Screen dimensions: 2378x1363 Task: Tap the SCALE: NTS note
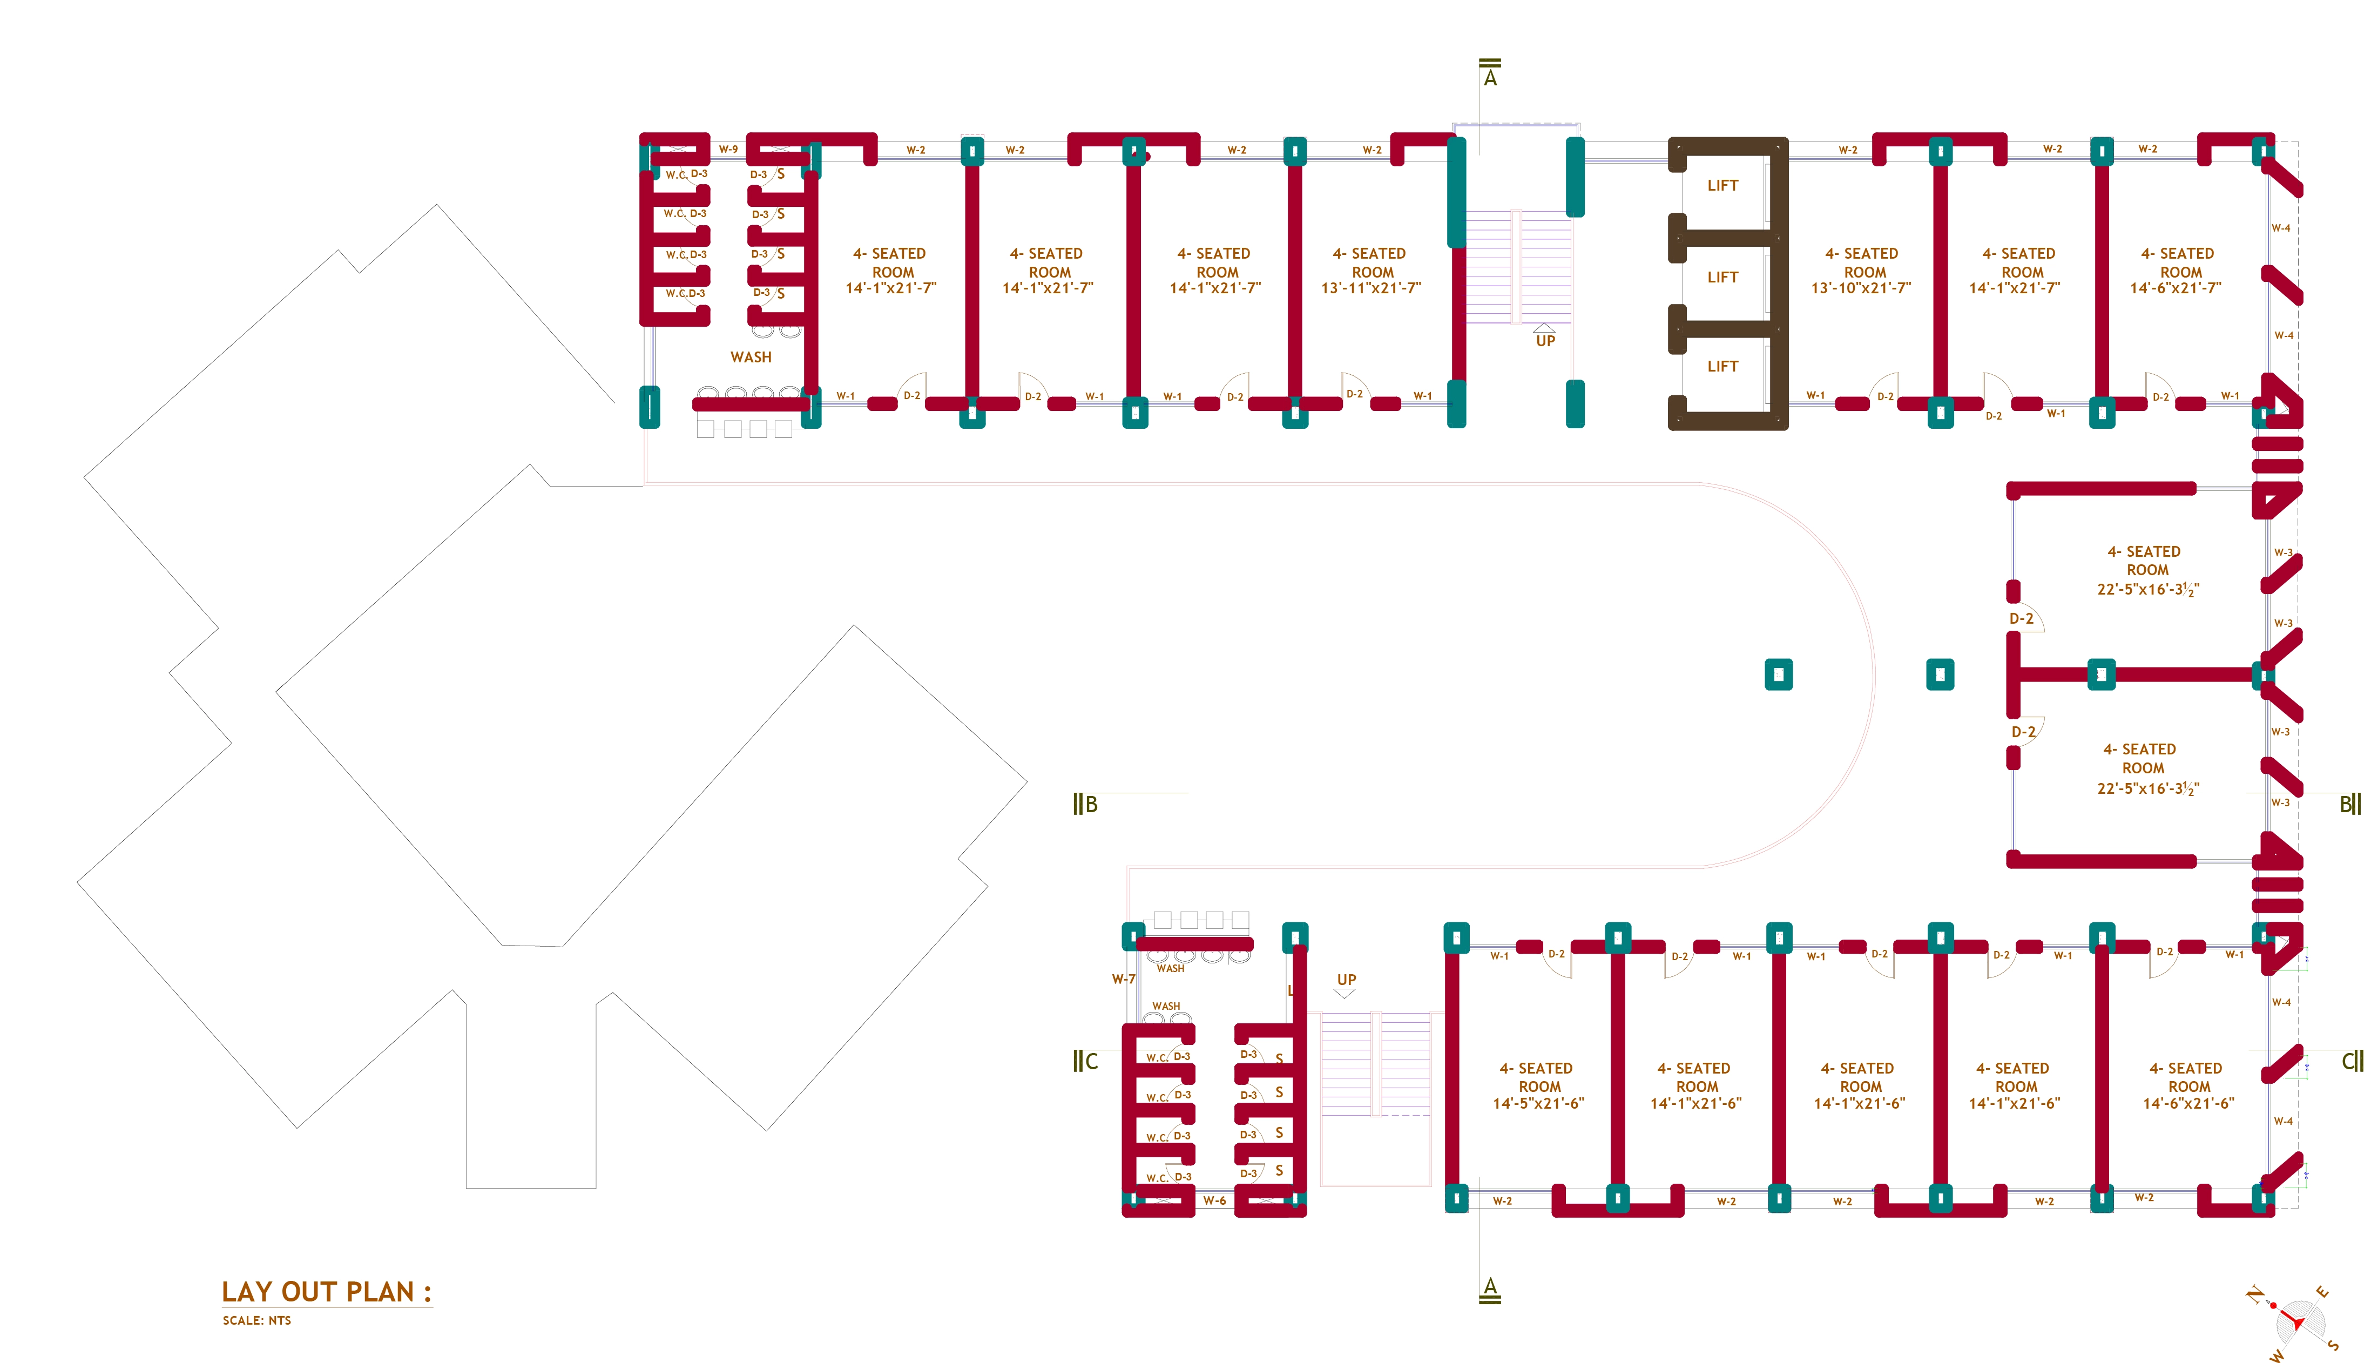click(x=256, y=1321)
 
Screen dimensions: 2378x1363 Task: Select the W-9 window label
click(x=728, y=150)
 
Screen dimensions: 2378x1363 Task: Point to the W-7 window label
click(x=1123, y=979)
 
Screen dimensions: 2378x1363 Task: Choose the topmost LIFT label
click(x=1722, y=185)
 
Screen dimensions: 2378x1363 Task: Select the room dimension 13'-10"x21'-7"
click(x=1861, y=288)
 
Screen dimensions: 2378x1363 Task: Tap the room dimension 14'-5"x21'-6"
click(x=1538, y=1104)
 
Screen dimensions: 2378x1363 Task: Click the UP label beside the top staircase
click(x=1545, y=341)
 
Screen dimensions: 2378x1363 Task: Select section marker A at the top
click(x=1490, y=75)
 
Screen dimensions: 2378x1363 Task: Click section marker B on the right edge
click(x=2349, y=804)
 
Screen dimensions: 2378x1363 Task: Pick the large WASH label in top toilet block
click(x=751, y=357)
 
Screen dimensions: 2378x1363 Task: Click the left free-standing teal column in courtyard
click(x=1778, y=674)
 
